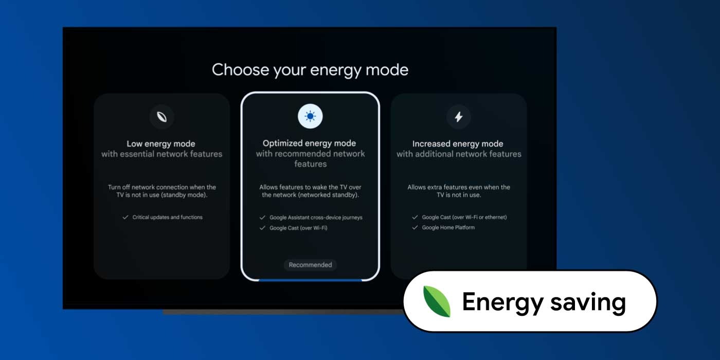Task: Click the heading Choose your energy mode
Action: coord(310,70)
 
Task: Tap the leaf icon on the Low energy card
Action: coord(161,117)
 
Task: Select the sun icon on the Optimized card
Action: coord(310,116)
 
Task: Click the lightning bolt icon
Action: coord(459,117)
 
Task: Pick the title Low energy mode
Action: coord(160,143)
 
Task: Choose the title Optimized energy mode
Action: coord(309,143)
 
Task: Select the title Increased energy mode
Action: coord(458,143)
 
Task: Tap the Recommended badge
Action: coord(310,265)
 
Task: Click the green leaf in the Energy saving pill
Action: coord(437,301)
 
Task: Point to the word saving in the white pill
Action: coord(588,302)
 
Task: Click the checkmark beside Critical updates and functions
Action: coord(125,217)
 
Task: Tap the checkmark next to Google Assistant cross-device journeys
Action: coord(262,218)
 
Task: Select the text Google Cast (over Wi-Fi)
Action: coord(298,228)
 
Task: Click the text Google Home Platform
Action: coord(448,227)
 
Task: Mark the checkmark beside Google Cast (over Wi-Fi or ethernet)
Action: coord(415,217)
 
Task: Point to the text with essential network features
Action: coord(161,154)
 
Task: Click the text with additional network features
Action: coord(459,154)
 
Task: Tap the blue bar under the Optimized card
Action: coord(310,280)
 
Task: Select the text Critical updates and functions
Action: coord(168,217)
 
